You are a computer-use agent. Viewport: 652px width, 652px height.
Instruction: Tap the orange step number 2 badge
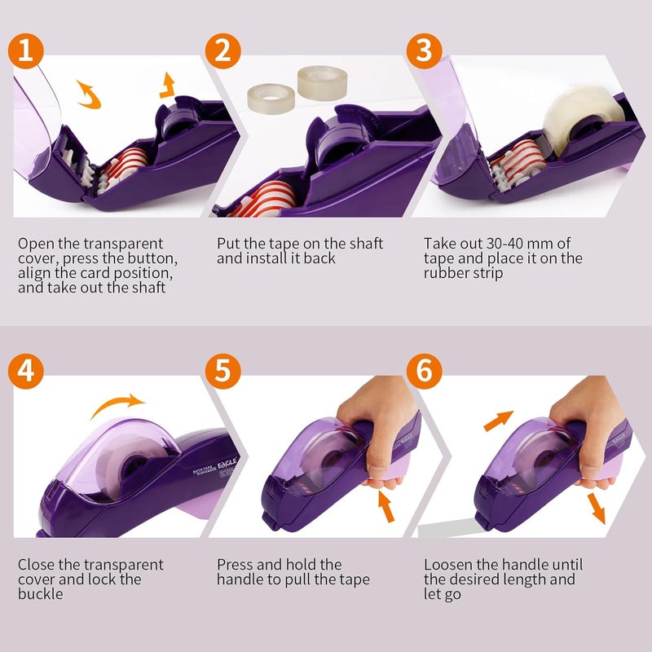(222, 51)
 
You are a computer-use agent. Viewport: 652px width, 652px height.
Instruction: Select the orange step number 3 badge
(423, 51)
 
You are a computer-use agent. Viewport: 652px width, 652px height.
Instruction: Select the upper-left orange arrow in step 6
(498, 421)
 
